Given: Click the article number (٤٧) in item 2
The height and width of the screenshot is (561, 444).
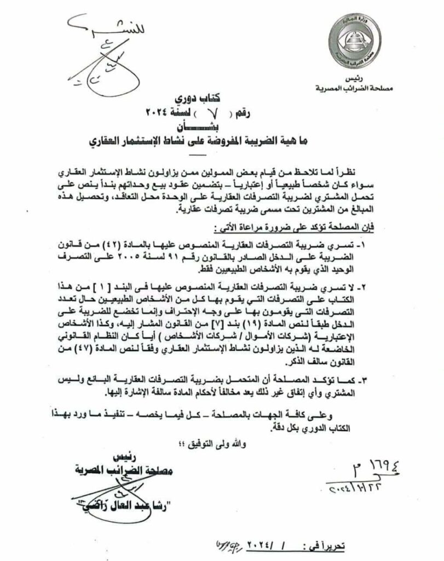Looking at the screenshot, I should pyautogui.click(x=90, y=344).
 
